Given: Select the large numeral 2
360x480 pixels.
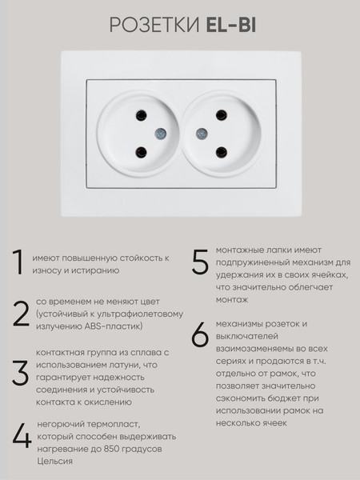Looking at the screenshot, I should [x=21, y=313].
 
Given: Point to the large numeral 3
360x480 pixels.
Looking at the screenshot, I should [x=21, y=372].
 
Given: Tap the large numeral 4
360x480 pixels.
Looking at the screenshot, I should [x=22, y=437].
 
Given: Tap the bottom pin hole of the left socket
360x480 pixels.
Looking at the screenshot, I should [x=141, y=150].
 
